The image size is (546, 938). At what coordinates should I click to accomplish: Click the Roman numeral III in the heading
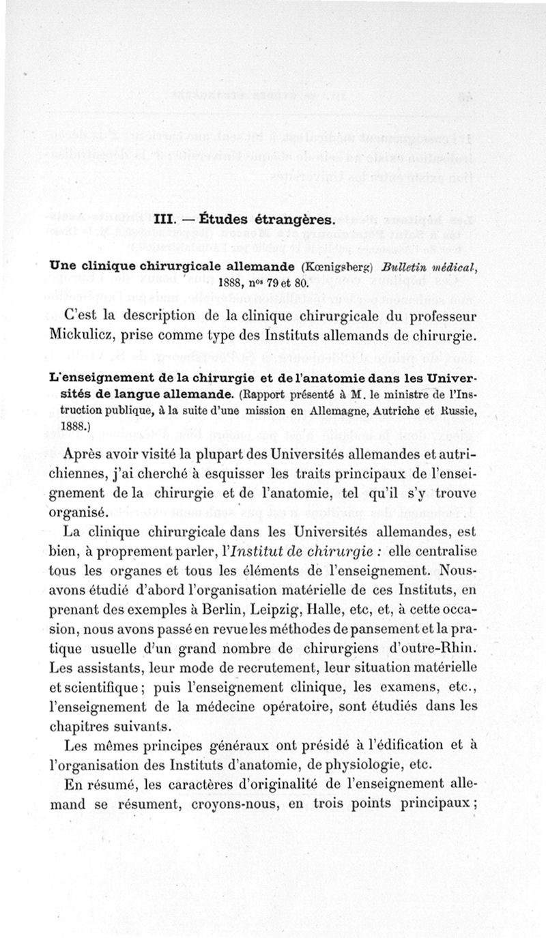[167, 220]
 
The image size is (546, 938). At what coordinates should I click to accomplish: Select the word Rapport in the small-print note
[274, 394]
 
